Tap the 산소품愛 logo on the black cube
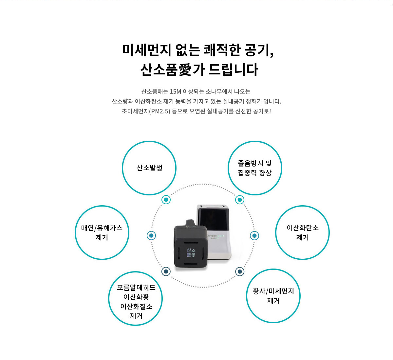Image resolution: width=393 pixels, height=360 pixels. pyautogui.click(x=191, y=252)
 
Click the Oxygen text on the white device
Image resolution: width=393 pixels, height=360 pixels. pyautogui.click(x=212, y=235)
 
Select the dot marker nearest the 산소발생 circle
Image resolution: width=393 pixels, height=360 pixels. pyautogui.click(x=166, y=200)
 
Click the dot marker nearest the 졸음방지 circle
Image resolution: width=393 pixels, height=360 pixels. pyautogui.click(x=239, y=200)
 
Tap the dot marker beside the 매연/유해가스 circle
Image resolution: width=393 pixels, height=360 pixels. pyautogui.click(x=151, y=235)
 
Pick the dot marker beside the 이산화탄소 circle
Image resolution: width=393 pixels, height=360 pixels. pyautogui.click(x=254, y=236)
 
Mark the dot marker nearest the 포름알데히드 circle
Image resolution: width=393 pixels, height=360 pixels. pyautogui.click(x=166, y=271)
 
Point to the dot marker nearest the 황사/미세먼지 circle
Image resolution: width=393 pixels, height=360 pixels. pyautogui.click(x=239, y=272)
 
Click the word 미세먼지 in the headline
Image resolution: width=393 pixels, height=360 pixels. pyautogui.click(x=147, y=50)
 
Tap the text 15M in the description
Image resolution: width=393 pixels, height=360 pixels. pyautogui.click(x=175, y=91)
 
